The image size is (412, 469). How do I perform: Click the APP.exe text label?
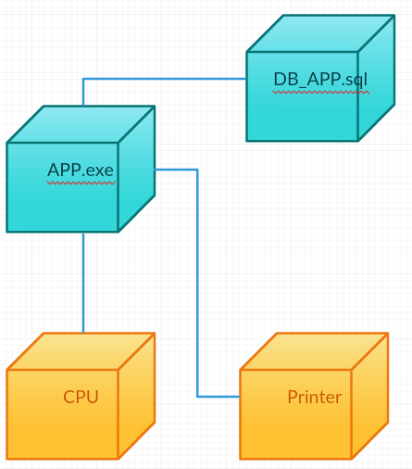(x=81, y=171)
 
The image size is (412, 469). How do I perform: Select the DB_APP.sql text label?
(x=320, y=79)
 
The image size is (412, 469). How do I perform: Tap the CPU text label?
(x=81, y=397)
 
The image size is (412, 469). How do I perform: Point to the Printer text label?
(x=315, y=397)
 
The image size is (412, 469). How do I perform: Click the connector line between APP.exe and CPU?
(x=83, y=283)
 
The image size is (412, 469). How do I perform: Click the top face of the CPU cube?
(x=81, y=351)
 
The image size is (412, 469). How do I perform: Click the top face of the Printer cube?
(x=314, y=351)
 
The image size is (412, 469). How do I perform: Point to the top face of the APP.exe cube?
(x=81, y=124)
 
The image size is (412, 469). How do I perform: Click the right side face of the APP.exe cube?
(x=137, y=169)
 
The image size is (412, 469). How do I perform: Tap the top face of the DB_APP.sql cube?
(x=321, y=33)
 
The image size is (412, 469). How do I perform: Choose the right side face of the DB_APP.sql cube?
(x=377, y=78)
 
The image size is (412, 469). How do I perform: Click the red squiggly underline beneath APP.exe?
(x=81, y=183)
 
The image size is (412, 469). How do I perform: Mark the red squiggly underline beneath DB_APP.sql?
(x=321, y=92)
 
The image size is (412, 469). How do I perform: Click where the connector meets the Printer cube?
(x=240, y=397)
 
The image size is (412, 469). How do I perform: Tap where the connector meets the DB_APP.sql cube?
(x=246, y=79)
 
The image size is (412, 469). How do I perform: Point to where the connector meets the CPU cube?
(x=83, y=333)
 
